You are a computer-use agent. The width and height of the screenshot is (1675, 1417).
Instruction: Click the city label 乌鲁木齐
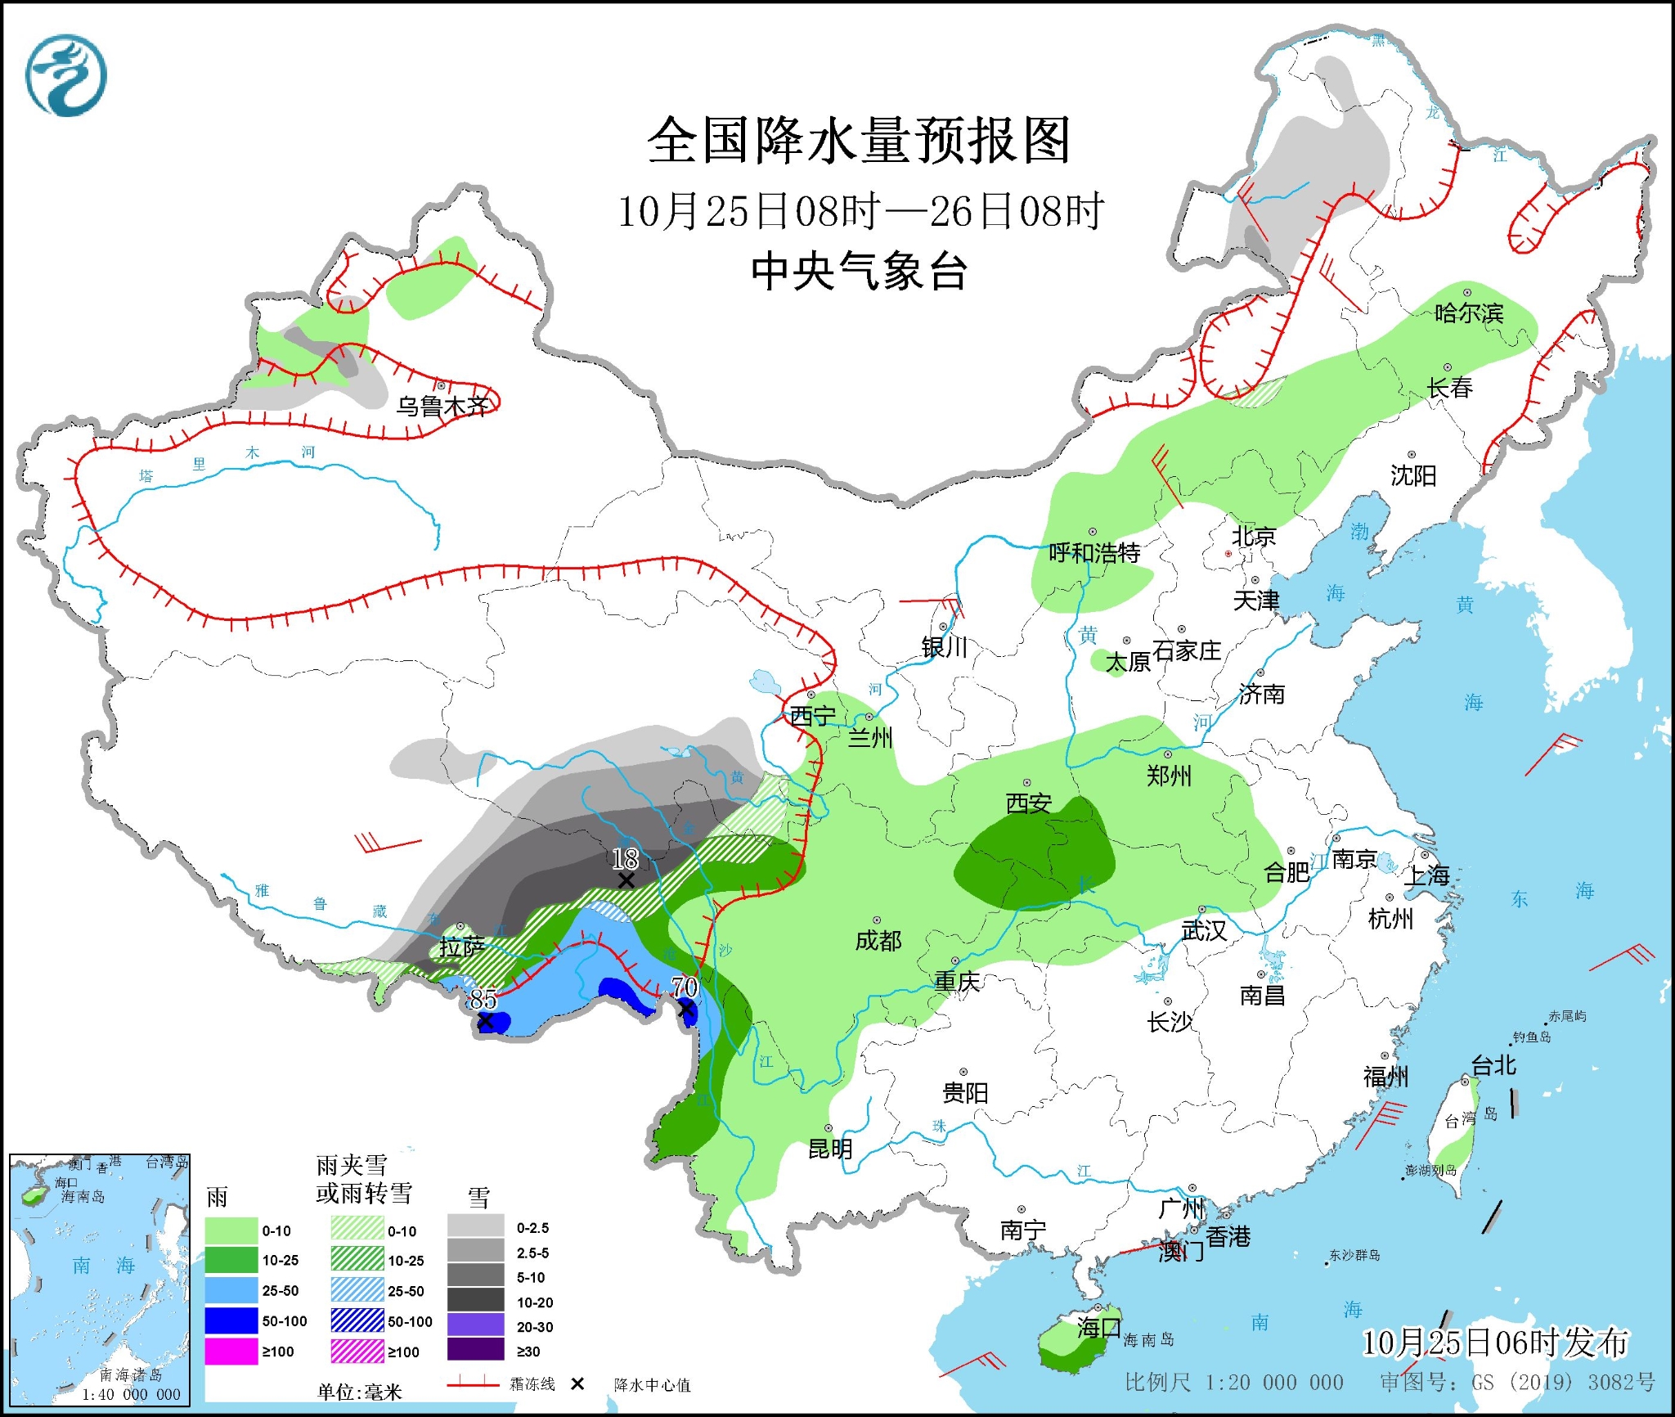point(442,406)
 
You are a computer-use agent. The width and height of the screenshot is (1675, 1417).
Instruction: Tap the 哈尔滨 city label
point(1469,313)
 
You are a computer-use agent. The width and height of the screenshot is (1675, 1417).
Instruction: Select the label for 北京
point(1254,537)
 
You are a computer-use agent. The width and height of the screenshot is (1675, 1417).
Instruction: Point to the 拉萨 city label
point(462,947)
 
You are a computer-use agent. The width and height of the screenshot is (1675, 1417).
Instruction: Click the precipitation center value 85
point(483,999)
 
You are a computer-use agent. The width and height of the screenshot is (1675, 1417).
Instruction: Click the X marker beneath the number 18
point(626,880)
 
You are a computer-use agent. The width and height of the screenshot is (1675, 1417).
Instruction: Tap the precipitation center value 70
point(685,987)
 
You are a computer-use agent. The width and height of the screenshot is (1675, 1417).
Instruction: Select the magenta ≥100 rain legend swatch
point(231,1352)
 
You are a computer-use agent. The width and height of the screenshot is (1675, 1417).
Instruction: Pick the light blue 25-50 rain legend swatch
point(231,1290)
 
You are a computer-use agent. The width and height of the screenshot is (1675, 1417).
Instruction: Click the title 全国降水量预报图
point(858,141)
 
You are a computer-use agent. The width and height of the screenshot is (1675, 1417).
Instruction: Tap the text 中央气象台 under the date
point(859,272)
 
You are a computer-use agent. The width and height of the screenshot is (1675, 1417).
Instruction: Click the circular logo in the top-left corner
point(66,75)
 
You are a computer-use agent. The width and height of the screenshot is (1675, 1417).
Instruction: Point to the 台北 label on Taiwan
point(1493,1065)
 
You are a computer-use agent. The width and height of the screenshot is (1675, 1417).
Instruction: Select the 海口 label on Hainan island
point(1098,1327)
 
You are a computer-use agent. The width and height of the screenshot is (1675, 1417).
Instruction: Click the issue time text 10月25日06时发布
point(1495,1343)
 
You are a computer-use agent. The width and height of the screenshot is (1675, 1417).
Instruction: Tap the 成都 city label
point(878,941)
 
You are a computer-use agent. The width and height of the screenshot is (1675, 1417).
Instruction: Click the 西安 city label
point(1028,803)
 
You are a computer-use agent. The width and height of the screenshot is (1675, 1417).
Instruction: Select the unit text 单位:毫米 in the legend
point(360,1392)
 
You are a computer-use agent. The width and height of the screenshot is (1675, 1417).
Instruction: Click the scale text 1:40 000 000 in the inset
point(131,1394)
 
